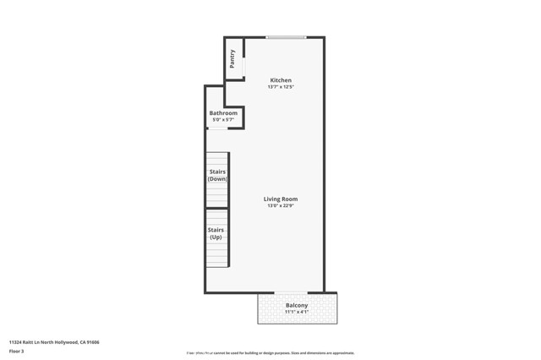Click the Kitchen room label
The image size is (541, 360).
(x=281, y=80)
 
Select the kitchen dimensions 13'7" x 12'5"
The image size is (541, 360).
(x=281, y=87)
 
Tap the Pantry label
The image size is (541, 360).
(x=232, y=59)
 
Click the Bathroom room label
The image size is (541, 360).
(x=223, y=113)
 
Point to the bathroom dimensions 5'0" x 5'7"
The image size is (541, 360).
(x=223, y=120)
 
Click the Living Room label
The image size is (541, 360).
(x=281, y=199)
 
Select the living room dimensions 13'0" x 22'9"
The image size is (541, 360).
(x=281, y=206)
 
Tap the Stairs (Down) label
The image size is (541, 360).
(x=217, y=175)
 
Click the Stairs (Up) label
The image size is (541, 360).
(x=216, y=233)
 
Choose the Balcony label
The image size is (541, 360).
(x=297, y=305)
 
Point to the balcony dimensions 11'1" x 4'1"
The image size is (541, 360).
(x=297, y=312)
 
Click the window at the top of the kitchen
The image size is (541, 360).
(x=286, y=37)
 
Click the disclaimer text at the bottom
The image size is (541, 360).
(x=270, y=353)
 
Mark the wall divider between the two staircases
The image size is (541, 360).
(x=217, y=208)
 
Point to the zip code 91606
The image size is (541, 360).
(x=92, y=342)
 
